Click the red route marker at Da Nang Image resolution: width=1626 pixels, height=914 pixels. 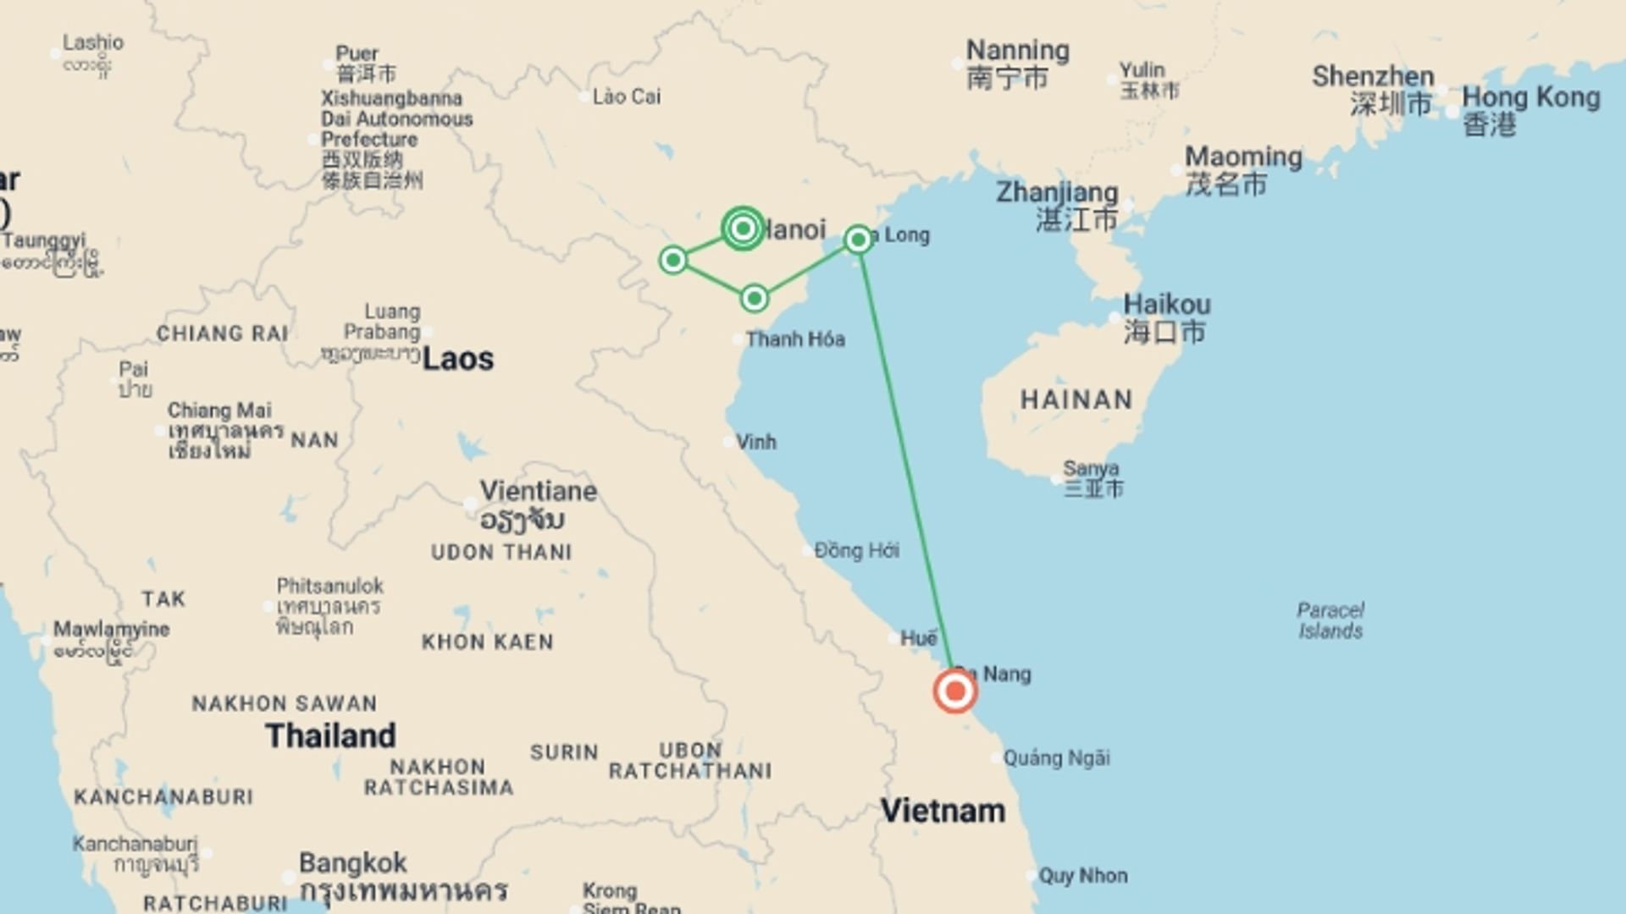click(x=955, y=691)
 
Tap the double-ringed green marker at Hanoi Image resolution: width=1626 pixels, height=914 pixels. click(x=743, y=228)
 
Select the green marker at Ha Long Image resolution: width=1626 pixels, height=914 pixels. click(x=858, y=240)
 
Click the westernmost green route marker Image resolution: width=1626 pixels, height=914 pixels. click(x=673, y=260)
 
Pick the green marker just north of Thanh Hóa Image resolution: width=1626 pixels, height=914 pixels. click(x=754, y=299)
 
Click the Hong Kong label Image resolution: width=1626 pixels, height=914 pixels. click(x=1530, y=98)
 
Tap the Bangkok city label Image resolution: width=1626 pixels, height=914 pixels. click(x=352, y=863)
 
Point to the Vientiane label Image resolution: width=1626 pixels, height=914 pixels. click(x=538, y=492)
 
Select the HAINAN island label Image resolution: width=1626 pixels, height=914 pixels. click(x=1076, y=399)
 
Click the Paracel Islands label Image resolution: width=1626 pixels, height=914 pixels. click(x=1330, y=620)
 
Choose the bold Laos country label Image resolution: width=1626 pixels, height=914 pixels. click(x=457, y=359)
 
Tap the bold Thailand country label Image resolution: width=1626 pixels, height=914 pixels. click(x=330, y=735)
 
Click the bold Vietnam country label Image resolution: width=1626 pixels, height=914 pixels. click(x=943, y=811)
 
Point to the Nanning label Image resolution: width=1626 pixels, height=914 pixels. click(x=1017, y=51)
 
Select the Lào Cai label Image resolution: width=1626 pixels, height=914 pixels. click(x=626, y=96)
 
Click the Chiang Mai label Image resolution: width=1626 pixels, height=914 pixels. click(x=219, y=410)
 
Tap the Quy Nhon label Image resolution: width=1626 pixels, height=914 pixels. click(x=1082, y=876)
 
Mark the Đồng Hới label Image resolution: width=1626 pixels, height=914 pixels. click(x=856, y=551)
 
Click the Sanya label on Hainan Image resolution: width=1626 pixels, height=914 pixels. click(x=1091, y=468)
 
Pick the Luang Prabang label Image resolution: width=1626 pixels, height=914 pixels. click(x=382, y=322)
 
